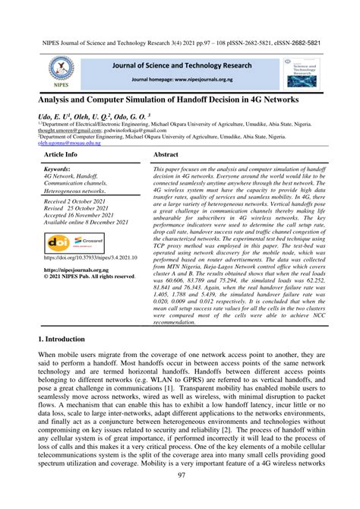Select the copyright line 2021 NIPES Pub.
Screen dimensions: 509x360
[x=91, y=297]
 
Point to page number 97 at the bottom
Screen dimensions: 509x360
[x=180, y=497]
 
